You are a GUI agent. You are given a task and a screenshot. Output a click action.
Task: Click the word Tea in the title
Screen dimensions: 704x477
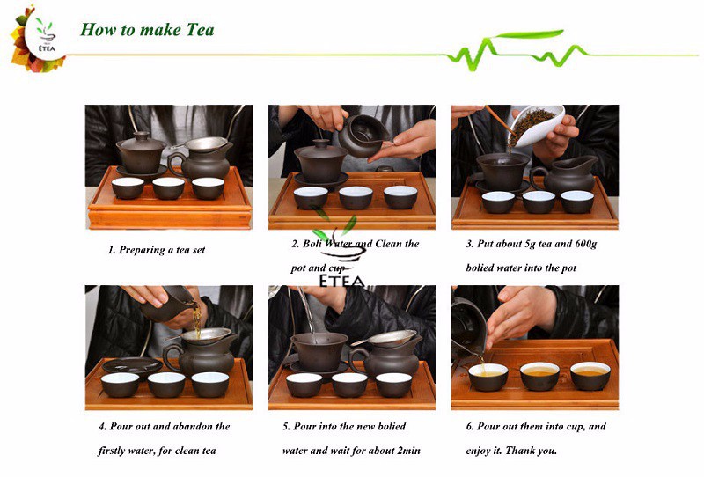tap(201, 30)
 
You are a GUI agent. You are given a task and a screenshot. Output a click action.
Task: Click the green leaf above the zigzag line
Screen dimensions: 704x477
tap(529, 34)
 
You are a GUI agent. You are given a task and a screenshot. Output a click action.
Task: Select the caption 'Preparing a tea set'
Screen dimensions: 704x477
tap(162, 250)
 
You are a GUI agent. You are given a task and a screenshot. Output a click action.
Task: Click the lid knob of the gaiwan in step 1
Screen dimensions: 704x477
tap(142, 135)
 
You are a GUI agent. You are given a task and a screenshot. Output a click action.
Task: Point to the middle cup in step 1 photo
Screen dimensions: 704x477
tap(168, 188)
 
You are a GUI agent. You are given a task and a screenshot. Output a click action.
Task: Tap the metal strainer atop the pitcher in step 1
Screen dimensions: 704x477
tap(205, 143)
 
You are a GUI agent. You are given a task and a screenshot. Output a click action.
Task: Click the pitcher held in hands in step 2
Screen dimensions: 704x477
tap(363, 136)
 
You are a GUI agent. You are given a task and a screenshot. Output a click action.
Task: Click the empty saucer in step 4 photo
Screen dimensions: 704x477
tap(131, 364)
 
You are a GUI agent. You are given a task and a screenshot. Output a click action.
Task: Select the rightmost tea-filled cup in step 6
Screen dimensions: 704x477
tap(590, 376)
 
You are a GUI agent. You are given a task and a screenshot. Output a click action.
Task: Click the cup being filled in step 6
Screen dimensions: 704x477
tap(488, 377)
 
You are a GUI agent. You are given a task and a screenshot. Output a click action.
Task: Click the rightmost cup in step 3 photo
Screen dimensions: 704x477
tap(577, 202)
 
